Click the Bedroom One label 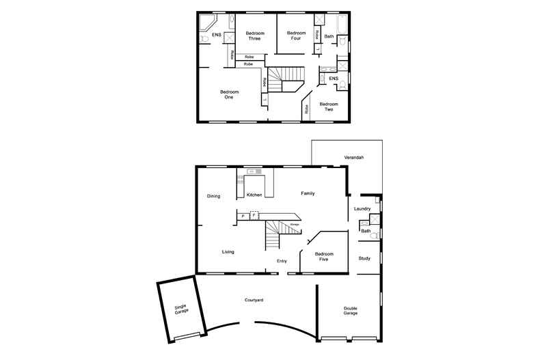coord(228,94)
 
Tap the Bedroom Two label coord(329,107)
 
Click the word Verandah coord(353,158)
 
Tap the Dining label coord(213,197)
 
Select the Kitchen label coord(254,195)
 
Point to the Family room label coord(308,194)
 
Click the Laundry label coord(362,208)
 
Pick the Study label coord(364,258)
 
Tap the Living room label coord(228,252)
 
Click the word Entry coord(282,261)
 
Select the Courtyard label coord(254,300)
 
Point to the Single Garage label coord(180,309)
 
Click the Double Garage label coord(350,311)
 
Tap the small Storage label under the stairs coord(295,224)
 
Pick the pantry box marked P coord(243,216)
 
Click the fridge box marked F coord(254,215)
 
